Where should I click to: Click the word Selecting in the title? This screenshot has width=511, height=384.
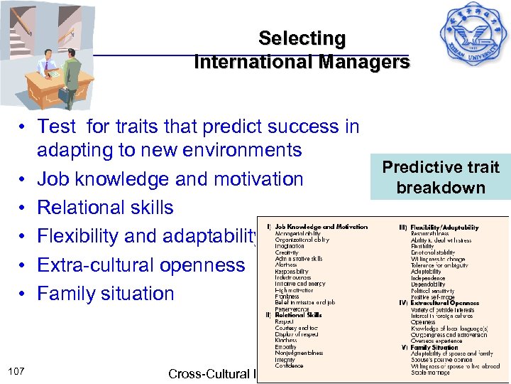click(x=302, y=38)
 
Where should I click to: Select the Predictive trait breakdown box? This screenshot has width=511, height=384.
click(x=441, y=177)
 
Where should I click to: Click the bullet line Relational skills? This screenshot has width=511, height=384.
click(x=105, y=208)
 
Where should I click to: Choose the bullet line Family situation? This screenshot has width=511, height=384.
click(x=105, y=293)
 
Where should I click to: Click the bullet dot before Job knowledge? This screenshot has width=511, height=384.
click(x=23, y=179)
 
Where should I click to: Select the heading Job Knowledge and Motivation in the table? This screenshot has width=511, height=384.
click(x=321, y=227)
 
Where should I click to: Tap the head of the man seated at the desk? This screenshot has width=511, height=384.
click(x=45, y=55)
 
